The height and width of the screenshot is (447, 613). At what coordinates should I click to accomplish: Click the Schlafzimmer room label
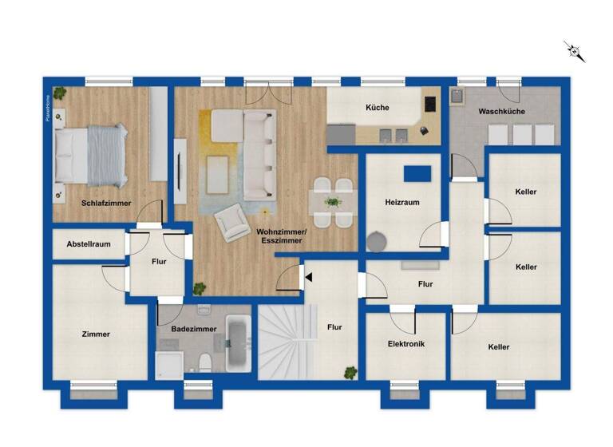click(107, 203)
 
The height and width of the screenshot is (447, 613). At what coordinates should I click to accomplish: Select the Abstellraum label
click(89, 245)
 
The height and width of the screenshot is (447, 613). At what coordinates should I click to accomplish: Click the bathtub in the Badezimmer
click(239, 343)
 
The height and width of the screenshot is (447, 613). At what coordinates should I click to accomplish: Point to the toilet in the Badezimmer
click(205, 362)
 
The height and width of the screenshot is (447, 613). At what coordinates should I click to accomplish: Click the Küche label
click(378, 107)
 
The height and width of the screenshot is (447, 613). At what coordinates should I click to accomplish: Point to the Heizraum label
click(402, 203)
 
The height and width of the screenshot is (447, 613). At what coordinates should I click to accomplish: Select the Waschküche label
click(501, 112)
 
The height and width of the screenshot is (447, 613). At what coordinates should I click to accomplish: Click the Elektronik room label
click(405, 344)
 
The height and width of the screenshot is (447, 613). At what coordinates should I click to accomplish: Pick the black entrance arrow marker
click(306, 277)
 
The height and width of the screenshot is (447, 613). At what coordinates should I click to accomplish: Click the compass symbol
click(575, 52)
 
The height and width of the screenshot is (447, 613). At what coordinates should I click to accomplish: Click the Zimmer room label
click(96, 334)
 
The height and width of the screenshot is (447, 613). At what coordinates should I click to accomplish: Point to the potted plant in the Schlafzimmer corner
click(60, 92)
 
